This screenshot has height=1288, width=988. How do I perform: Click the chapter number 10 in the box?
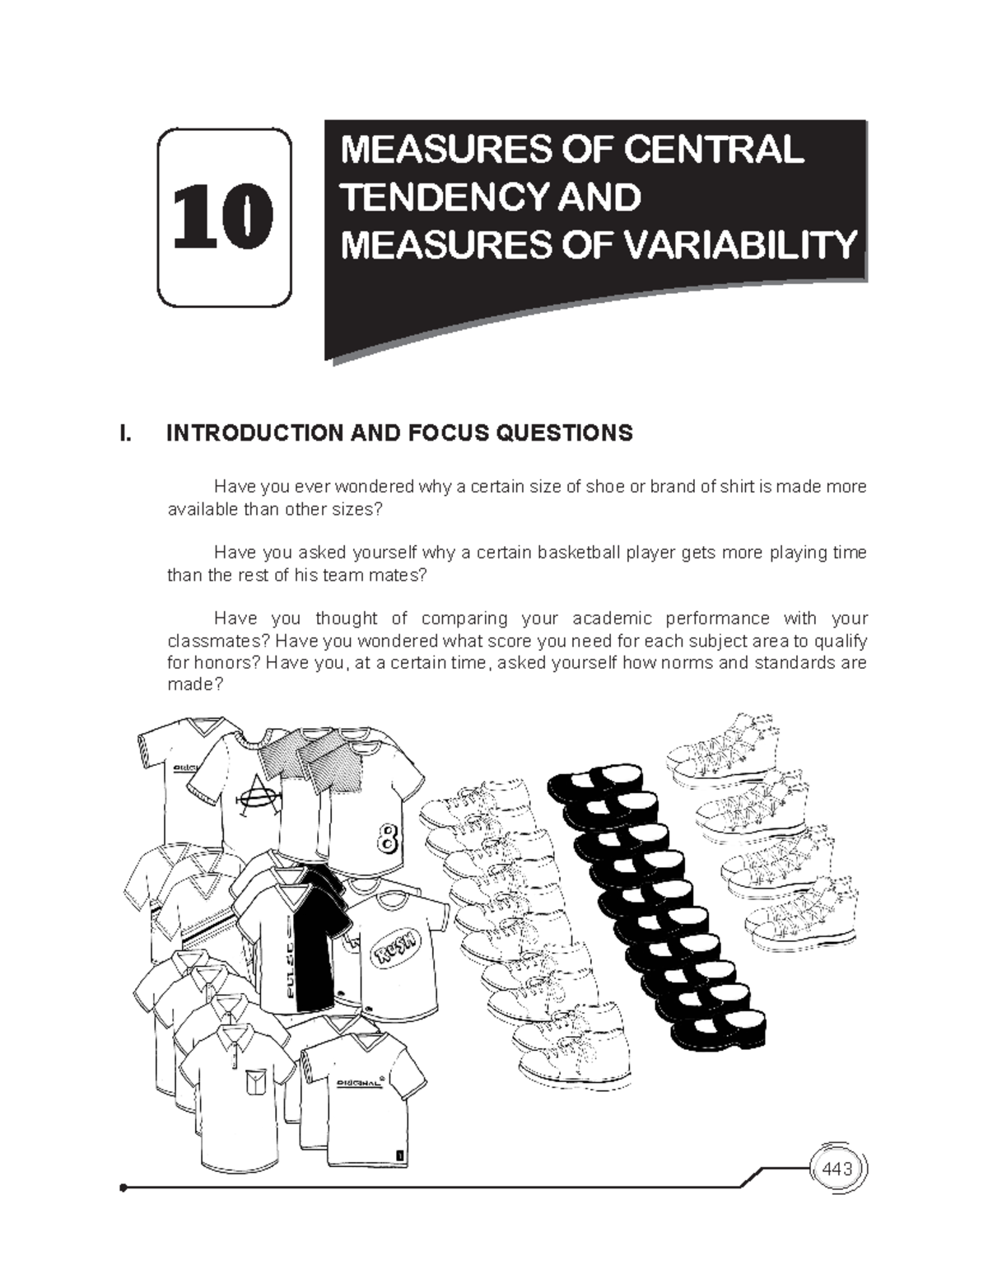[224, 217]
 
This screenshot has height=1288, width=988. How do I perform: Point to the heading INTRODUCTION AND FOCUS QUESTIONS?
[399, 433]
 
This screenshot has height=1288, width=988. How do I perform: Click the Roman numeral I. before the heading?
[124, 433]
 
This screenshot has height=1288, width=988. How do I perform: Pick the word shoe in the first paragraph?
[605, 487]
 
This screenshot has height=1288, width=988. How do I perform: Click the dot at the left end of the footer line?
[123, 1188]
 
